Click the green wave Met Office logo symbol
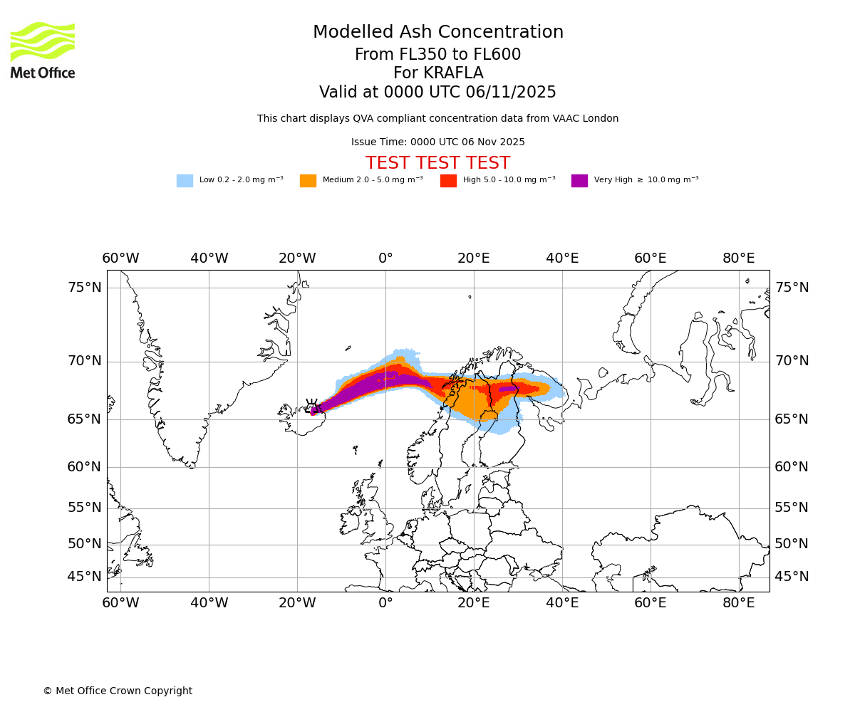tap(43, 41)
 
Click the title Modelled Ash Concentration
tap(438, 33)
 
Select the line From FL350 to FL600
tap(438, 55)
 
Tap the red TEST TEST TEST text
tap(438, 163)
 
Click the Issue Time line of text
tap(438, 142)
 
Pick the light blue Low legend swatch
tap(185, 181)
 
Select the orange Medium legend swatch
tap(308, 181)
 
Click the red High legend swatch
tap(448, 181)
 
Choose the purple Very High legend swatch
tap(579, 181)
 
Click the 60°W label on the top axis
tap(120, 258)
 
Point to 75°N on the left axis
tap(85, 288)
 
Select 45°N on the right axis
tap(792, 577)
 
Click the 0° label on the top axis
tap(385, 258)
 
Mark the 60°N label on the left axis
tap(85, 467)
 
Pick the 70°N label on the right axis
tap(792, 361)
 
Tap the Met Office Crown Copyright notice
tap(118, 691)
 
